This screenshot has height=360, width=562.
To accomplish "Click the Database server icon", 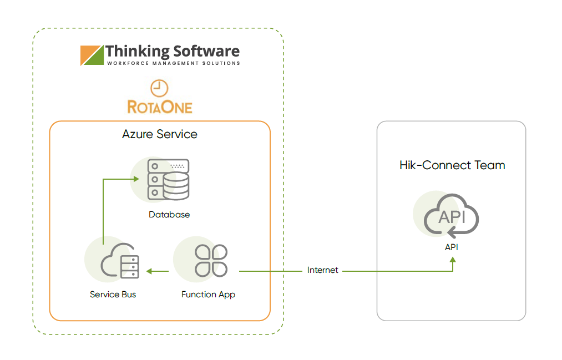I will pyautogui.click(x=168, y=180).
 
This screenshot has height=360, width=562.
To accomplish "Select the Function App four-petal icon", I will pyautogui.click(x=211, y=260).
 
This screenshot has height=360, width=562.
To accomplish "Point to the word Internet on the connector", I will pyautogui.click(x=323, y=270).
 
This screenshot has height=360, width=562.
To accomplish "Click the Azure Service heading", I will pyautogui.click(x=160, y=134).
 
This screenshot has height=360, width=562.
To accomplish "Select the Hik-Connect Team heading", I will pyautogui.click(x=452, y=165).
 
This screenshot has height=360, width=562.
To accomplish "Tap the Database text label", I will pyautogui.click(x=169, y=215).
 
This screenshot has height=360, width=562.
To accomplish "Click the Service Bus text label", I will pyautogui.click(x=113, y=295).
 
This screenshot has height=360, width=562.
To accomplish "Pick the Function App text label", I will pyautogui.click(x=208, y=295).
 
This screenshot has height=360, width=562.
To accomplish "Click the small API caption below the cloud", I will pyautogui.click(x=452, y=247).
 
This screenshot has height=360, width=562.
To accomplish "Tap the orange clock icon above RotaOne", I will pyautogui.click(x=159, y=88).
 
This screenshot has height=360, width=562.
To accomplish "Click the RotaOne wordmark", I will pyautogui.click(x=160, y=106).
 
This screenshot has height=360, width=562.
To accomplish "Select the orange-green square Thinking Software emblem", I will pyautogui.click(x=92, y=55).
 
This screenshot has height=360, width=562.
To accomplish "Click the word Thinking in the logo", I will pyautogui.click(x=136, y=52).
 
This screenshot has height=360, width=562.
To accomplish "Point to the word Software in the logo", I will pyautogui.click(x=206, y=52).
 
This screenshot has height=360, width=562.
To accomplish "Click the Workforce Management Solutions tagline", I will pyautogui.click(x=173, y=64).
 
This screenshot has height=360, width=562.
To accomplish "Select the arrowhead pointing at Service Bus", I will pyautogui.click(x=149, y=271).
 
